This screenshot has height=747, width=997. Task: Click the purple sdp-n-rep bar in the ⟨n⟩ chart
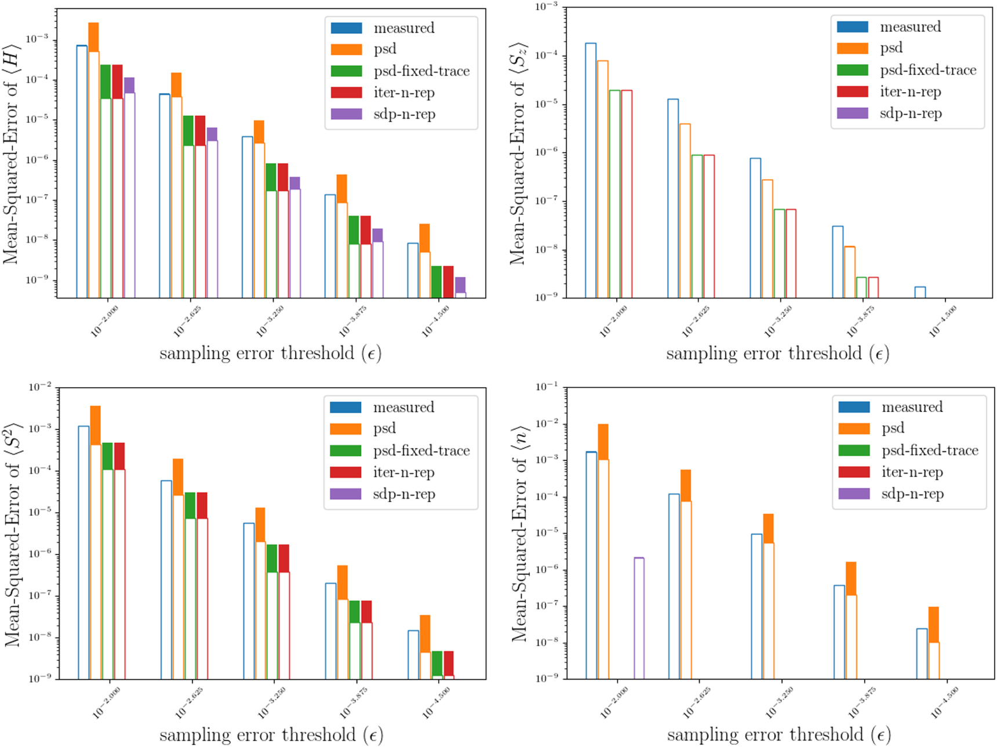click(639, 618)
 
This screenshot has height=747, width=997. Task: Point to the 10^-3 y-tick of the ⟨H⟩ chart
click(37, 39)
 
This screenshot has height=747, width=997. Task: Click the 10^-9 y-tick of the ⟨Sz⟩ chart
click(546, 297)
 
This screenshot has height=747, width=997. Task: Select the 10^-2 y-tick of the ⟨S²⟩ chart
click(40, 387)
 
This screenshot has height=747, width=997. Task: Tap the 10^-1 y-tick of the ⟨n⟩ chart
click(547, 387)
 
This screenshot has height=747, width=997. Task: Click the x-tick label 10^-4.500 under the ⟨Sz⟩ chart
click(943, 320)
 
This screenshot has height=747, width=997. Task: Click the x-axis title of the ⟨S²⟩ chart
click(271, 735)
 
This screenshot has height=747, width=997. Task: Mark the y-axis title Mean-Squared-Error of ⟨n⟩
click(520, 533)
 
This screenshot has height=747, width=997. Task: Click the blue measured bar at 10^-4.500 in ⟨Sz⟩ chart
click(920, 292)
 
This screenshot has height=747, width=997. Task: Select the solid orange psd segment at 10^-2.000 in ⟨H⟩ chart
click(93, 37)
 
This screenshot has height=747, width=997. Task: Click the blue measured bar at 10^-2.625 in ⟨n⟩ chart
click(674, 585)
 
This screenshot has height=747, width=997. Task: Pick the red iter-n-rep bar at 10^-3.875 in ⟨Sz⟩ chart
click(873, 287)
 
